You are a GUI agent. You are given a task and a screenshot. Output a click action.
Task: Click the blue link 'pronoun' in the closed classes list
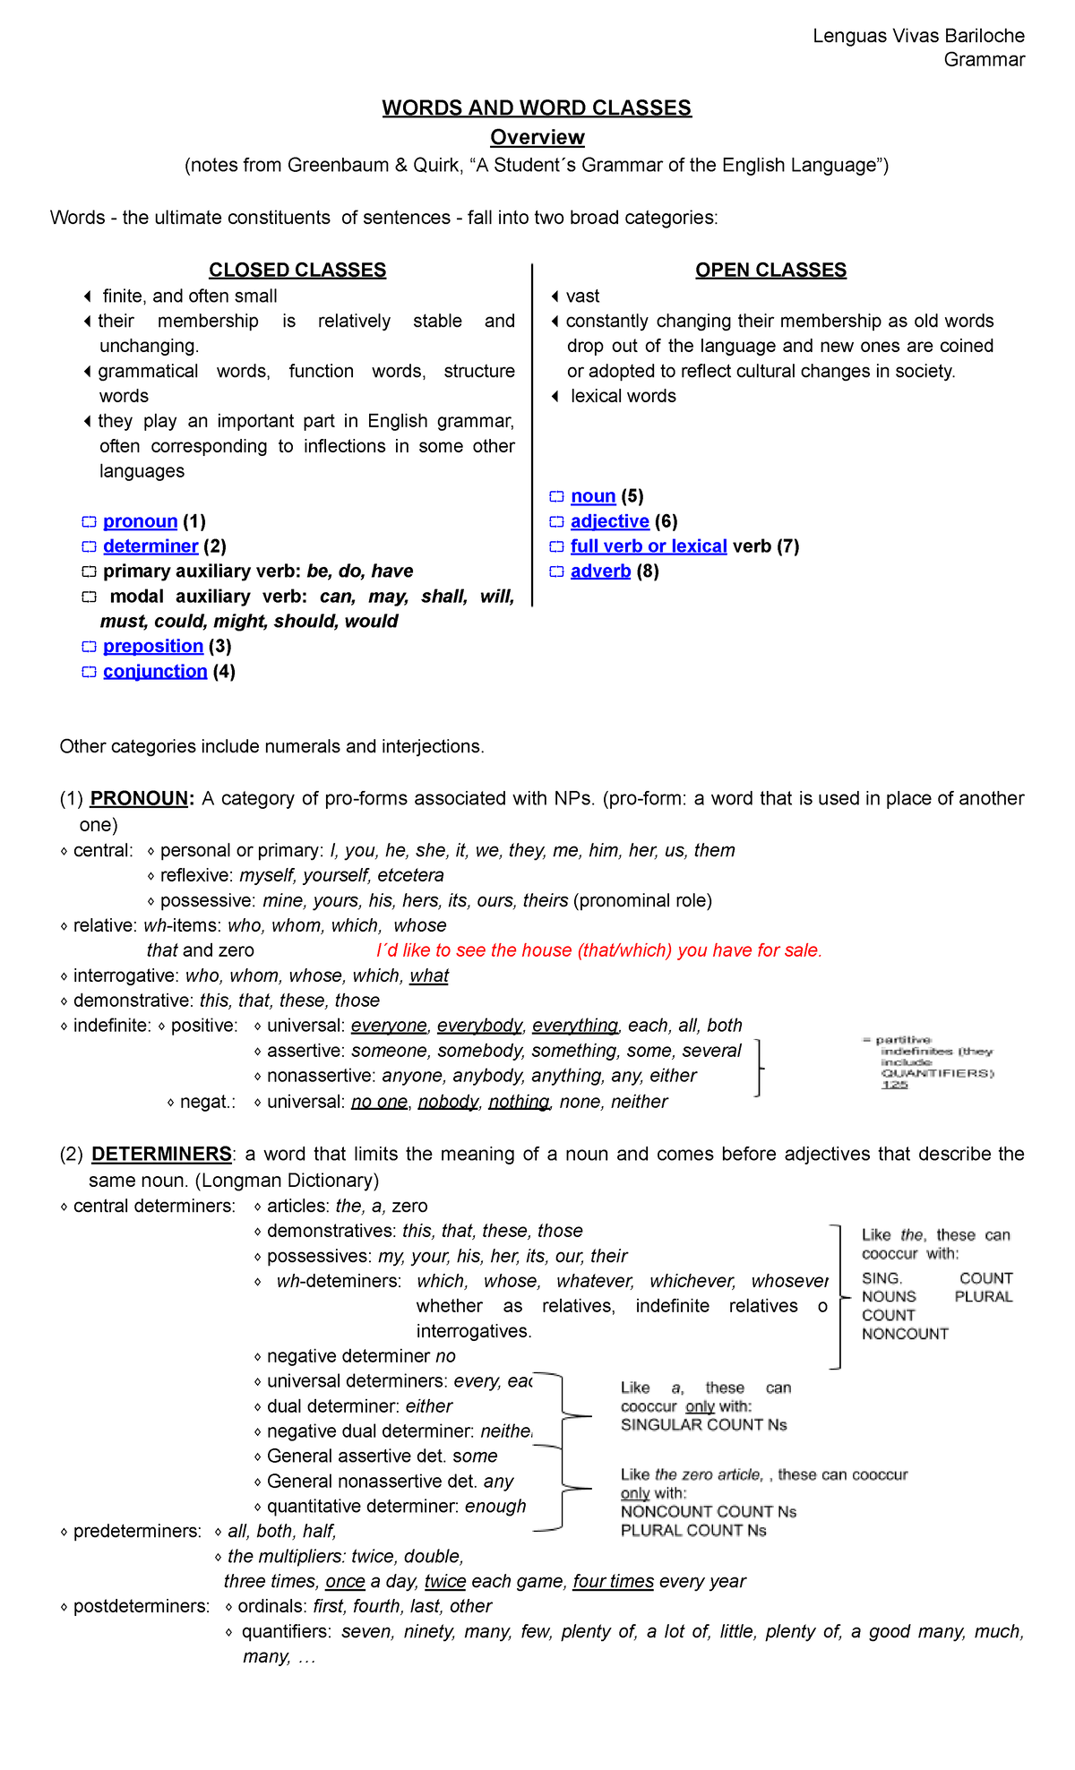(x=140, y=521)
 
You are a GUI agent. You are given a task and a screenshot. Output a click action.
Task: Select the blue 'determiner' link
(x=150, y=546)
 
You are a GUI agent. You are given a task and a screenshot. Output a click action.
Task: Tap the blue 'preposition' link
(x=153, y=646)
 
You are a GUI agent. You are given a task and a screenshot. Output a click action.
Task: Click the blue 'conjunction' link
(x=155, y=671)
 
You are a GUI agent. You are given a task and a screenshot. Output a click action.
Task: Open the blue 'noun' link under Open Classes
(x=593, y=496)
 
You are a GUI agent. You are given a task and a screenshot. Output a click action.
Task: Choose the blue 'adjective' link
(x=609, y=521)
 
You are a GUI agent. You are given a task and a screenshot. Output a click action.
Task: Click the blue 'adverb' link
(x=600, y=571)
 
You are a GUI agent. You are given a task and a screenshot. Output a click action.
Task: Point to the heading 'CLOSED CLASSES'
(x=297, y=271)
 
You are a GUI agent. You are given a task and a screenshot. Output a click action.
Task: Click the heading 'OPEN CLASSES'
(x=770, y=271)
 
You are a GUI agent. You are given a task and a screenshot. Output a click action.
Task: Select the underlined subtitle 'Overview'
(x=537, y=138)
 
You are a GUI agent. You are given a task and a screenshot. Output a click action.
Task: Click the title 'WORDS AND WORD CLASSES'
(x=537, y=108)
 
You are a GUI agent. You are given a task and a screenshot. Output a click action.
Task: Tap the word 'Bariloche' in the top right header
(x=984, y=36)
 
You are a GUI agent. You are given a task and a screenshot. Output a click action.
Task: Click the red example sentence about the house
(x=598, y=950)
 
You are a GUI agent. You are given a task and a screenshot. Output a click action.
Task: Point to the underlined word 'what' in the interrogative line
(x=429, y=975)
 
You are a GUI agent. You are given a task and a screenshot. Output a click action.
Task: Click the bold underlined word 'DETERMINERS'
(x=161, y=1154)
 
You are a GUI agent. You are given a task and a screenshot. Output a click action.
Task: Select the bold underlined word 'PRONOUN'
(x=140, y=798)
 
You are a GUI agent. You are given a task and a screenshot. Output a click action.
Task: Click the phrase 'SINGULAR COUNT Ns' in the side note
(x=703, y=1424)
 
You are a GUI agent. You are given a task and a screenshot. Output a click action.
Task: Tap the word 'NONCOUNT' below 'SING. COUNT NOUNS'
(x=905, y=1334)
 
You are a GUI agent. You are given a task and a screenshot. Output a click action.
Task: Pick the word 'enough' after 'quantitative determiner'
(x=495, y=1506)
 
